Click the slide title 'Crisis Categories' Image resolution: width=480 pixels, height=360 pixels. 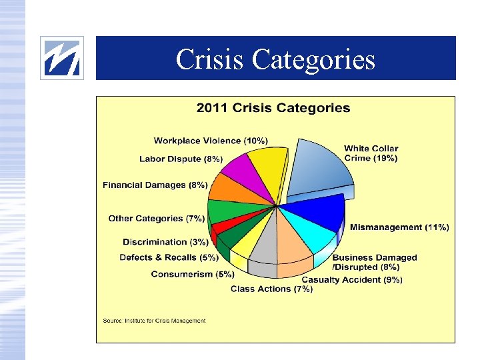(x=275, y=59)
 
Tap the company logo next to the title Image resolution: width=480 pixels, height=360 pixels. (x=62, y=58)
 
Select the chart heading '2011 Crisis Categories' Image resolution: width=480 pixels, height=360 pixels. (x=273, y=108)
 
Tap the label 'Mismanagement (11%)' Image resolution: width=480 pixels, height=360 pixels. (x=399, y=227)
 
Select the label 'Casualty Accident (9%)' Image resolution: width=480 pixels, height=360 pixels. (x=352, y=280)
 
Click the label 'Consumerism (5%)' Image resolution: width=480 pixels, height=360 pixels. (x=193, y=274)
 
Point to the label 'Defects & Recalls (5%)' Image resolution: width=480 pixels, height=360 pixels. (x=169, y=257)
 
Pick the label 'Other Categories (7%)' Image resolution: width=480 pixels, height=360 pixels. (x=157, y=219)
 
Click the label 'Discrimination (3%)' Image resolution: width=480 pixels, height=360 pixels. (x=165, y=242)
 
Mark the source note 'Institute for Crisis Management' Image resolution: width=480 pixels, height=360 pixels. (x=154, y=321)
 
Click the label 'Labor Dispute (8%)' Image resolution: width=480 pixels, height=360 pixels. (x=181, y=159)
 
